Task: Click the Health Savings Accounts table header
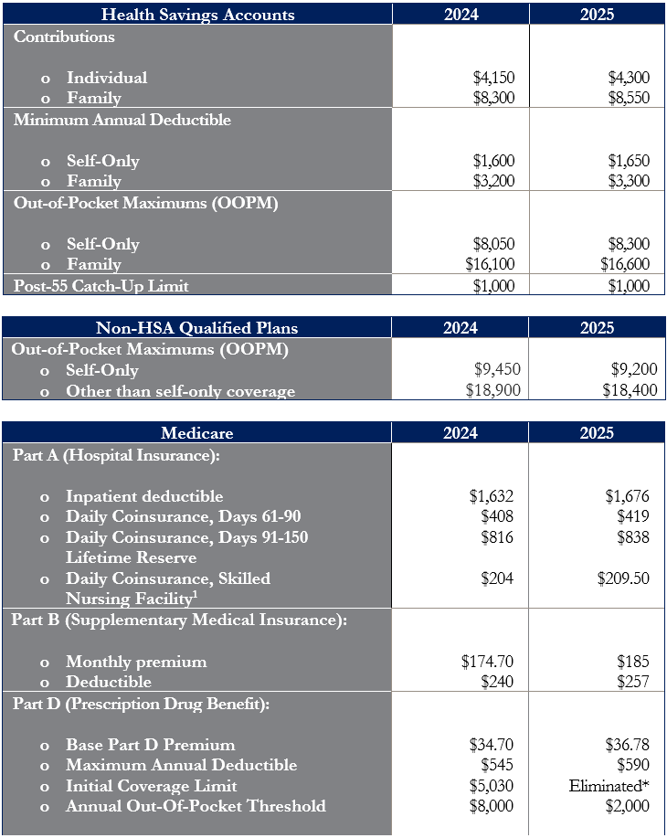tap(197, 15)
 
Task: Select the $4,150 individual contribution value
tap(493, 78)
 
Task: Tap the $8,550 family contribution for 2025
tap(629, 98)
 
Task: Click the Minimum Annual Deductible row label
tap(122, 119)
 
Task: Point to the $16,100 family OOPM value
tap(490, 264)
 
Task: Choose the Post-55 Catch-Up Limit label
tap(101, 286)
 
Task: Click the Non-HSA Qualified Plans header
tap(196, 327)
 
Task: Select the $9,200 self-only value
tap(634, 369)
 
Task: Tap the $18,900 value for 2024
tap(492, 390)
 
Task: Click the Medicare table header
tap(196, 433)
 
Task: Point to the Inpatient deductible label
tap(144, 496)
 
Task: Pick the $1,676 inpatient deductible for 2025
tap(627, 496)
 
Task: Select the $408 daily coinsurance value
tap(496, 516)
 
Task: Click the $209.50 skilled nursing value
tap(623, 578)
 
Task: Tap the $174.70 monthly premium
tap(487, 662)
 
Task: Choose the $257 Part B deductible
tap(633, 682)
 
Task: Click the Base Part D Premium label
tap(150, 745)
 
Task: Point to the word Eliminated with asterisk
tap(609, 786)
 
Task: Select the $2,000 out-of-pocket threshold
tap(627, 806)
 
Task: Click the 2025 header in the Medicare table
tap(597, 433)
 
